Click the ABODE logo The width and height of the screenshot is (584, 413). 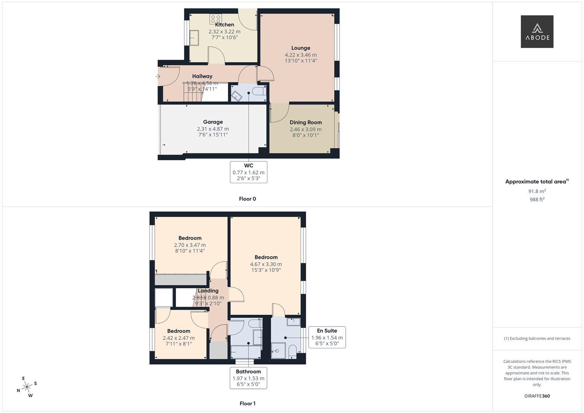537,32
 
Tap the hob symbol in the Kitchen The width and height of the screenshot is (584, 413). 215,19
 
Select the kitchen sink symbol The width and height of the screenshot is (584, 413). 194,38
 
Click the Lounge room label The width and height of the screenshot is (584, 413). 301,48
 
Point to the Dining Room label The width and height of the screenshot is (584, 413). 306,122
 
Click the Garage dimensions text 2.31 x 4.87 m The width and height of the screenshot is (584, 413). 213,129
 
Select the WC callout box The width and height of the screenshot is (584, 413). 249,172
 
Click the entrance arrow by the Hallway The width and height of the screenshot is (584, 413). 158,76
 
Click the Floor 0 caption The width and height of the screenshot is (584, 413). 247,199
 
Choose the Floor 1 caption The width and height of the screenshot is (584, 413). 247,403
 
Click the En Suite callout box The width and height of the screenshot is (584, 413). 327,337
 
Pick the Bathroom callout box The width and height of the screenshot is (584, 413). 248,378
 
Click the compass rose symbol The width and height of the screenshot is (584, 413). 27,387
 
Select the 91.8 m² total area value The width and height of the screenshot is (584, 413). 537,191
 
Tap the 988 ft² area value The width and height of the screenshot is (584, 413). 537,200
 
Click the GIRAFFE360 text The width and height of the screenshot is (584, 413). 537,396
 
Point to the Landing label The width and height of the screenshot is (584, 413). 208,291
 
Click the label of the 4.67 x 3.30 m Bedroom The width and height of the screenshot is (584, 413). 266,257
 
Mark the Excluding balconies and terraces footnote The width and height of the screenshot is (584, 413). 537,338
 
